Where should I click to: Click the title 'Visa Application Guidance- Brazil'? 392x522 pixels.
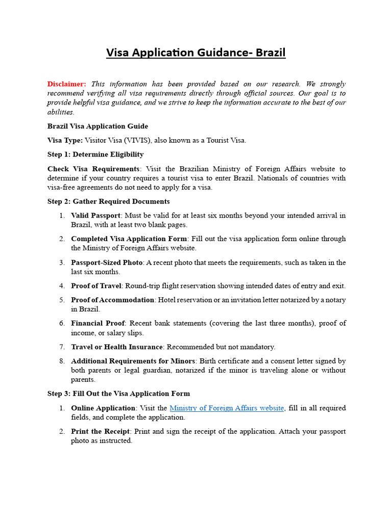click(196, 53)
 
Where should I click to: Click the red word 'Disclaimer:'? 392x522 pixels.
click(67, 84)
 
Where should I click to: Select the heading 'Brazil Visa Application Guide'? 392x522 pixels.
click(97, 126)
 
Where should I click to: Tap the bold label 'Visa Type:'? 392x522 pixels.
click(65, 140)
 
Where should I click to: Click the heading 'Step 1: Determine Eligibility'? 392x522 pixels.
click(95, 154)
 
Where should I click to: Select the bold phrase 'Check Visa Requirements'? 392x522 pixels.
click(93, 169)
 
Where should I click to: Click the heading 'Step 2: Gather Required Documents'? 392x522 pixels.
click(109, 201)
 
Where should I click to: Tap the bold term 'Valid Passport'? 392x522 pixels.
click(95, 216)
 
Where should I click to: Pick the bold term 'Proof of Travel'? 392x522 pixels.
click(96, 286)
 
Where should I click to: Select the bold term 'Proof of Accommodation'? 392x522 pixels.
click(112, 300)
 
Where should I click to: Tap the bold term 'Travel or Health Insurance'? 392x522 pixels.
click(116, 347)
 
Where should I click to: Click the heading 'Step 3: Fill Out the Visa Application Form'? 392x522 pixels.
click(118, 394)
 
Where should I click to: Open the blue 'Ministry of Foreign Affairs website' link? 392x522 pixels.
click(227, 408)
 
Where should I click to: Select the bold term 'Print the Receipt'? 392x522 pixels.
click(100, 431)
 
